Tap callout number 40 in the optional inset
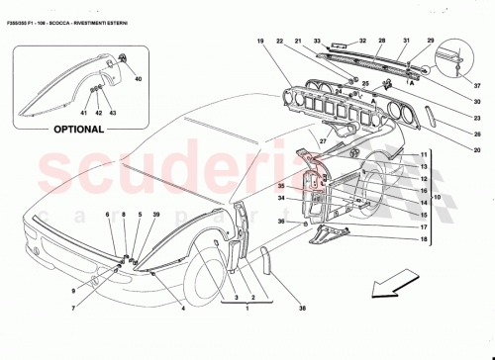138,78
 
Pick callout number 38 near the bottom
303,309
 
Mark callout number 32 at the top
362,41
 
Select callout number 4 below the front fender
182,309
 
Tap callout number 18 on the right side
424,240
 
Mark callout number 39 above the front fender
155,215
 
